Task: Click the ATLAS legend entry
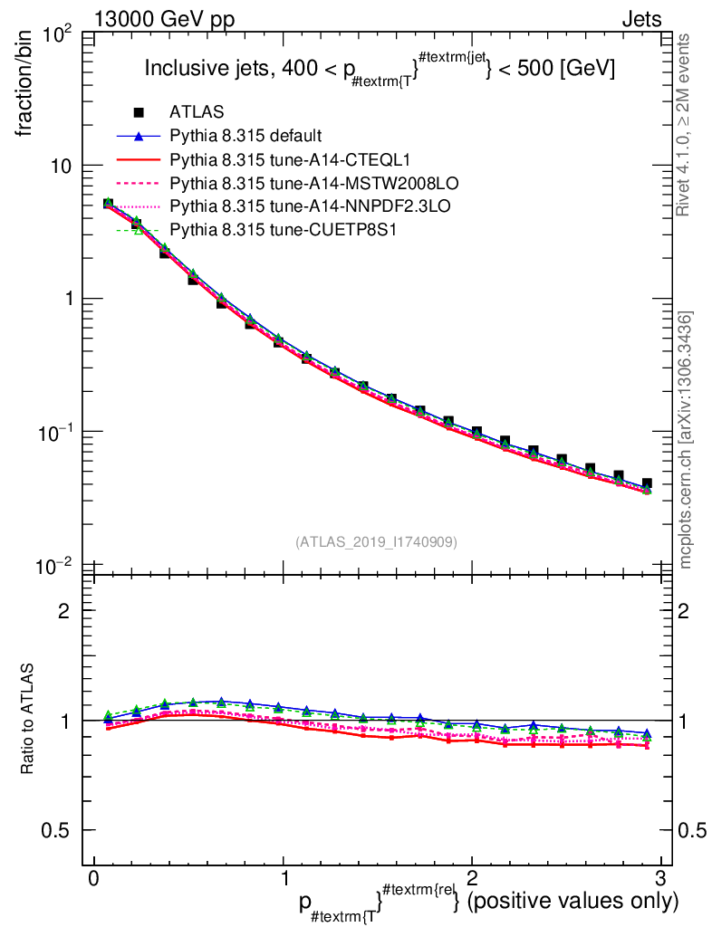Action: (x=197, y=112)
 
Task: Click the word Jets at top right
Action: (x=640, y=20)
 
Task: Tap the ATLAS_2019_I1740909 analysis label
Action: (x=376, y=541)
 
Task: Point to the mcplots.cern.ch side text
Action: (x=687, y=440)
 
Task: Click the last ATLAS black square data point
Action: (x=647, y=484)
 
